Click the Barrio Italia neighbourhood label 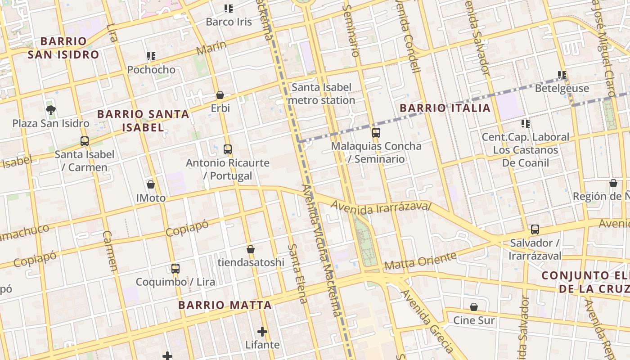point(445,108)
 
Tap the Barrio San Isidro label point(63,48)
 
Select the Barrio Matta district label point(225,305)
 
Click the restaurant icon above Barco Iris point(229,9)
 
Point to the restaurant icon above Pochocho point(151,56)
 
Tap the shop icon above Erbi point(220,95)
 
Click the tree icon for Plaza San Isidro point(51,110)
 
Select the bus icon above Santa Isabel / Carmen point(85,141)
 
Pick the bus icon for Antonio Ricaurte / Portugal point(228,149)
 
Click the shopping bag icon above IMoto point(151,184)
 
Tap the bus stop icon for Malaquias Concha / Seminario point(376,133)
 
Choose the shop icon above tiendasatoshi point(251,249)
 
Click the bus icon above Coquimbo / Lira point(175,269)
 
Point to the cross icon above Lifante point(262,332)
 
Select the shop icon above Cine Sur point(474,307)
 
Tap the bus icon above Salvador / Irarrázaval point(535,229)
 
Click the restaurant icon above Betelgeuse point(562,75)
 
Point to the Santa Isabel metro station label point(321,94)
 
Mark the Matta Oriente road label point(420,261)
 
